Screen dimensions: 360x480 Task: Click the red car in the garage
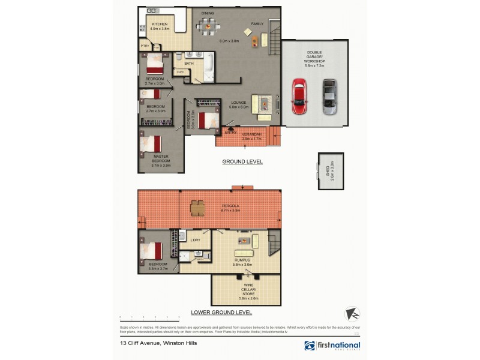coord(299,96)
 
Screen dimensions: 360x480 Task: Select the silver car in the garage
coord(329,96)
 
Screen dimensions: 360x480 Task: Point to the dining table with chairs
coord(208,25)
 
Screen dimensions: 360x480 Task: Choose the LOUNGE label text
coord(239,103)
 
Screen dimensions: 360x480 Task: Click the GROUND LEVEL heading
coord(242,162)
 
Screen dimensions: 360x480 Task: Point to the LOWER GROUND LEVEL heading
coord(221,313)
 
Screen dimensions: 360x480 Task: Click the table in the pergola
coord(197,208)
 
